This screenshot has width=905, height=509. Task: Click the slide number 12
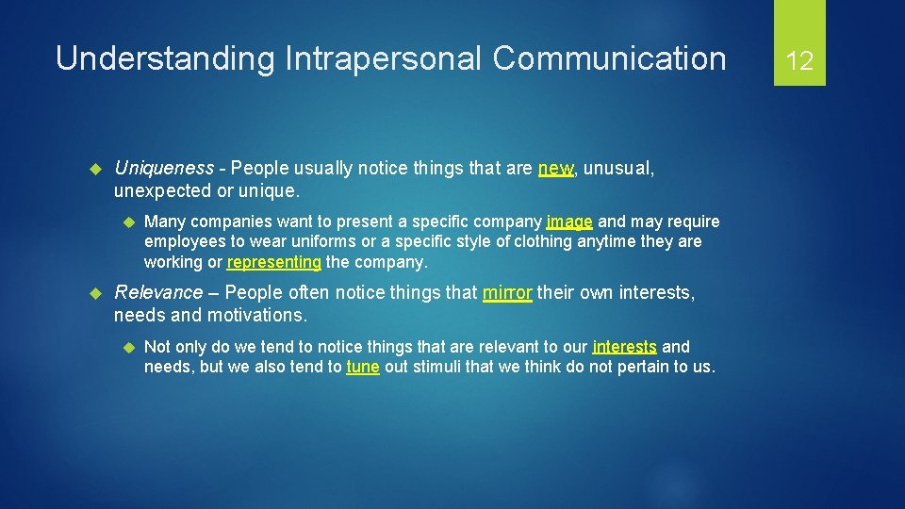pyautogui.click(x=799, y=61)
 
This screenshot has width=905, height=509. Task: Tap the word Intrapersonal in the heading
pyautogui.click(x=380, y=58)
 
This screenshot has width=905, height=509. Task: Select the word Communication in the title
pyautogui.click(x=609, y=58)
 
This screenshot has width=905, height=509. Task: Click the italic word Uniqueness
pyautogui.click(x=163, y=169)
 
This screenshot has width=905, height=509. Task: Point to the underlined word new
pyautogui.click(x=554, y=169)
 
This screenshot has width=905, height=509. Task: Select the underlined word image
pyautogui.click(x=569, y=222)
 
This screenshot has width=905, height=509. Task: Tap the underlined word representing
pyautogui.click(x=274, y=262)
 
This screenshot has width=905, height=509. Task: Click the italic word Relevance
pyautogui.click(x=158, y=293)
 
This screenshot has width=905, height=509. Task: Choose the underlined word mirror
pyautogui.click(x=507, y=293)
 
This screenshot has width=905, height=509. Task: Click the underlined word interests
pyautogui.click(x=624, y=347)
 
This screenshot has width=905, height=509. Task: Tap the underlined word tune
pyautogui.click(x=363, y=368)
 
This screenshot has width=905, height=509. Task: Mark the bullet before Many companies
pyautogui.click(x=125, y=222)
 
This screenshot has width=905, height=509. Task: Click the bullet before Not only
pyautogui.click(x=125, y=347)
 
